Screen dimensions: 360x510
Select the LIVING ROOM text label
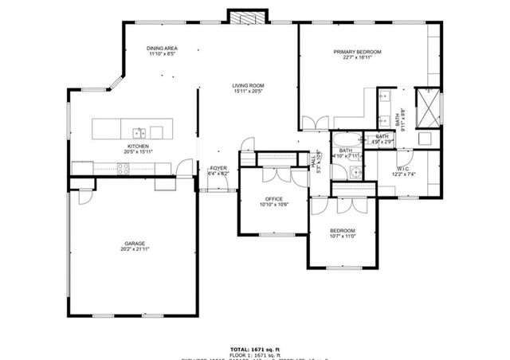pos(248,86)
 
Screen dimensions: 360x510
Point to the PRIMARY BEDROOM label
pos(357,52)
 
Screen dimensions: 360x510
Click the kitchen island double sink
pos(139,131)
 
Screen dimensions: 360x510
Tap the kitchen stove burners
pos(124,167)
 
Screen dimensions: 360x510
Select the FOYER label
pos(218,168)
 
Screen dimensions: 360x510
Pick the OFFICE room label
pos(274,198)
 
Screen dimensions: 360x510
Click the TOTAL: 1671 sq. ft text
pos(255,349)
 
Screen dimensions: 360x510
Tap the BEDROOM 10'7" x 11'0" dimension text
pos(343,236)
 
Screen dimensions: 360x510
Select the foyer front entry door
pos(216,190)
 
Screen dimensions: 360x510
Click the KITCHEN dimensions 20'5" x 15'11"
pos(137,151)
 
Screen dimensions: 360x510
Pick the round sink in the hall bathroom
pos(355,170)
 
